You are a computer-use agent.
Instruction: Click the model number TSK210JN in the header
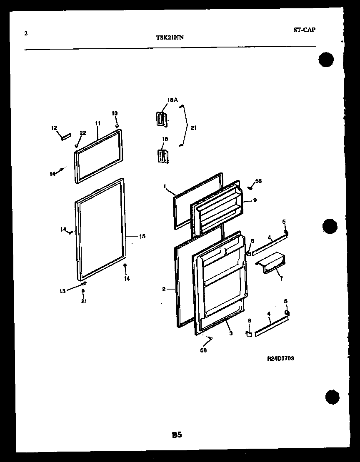(170, 37)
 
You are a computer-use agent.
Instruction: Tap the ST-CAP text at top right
(304, 30)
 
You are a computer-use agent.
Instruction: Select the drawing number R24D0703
(280, 358)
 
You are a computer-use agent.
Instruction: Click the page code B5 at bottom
(176, 435)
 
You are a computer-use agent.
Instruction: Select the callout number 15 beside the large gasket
(142, 236)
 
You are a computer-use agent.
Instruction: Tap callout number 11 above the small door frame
(97, 123)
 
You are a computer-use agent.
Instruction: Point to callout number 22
(82, 133)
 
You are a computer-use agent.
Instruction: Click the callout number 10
(115, 113)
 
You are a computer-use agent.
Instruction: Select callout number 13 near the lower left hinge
(62, 291)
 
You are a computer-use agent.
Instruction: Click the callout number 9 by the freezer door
(255, 200)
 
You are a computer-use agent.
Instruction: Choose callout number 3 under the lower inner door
(230, 333)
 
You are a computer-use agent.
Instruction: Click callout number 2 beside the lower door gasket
(164, 288)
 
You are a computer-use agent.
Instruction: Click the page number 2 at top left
(26, 34)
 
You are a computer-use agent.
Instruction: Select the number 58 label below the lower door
(203, 350)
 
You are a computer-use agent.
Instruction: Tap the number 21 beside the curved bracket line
(193, 128)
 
